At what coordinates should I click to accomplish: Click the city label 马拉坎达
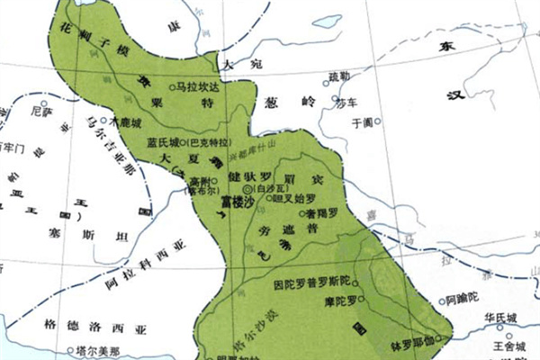click(x=198, y=88)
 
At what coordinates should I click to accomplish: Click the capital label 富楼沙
click(x=238, y=203)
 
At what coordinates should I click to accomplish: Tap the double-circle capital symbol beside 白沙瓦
click(x=248, y=191)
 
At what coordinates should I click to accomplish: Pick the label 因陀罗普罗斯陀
click(x=315, y=283)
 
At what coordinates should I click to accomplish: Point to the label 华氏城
click(x=500, y=319)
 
